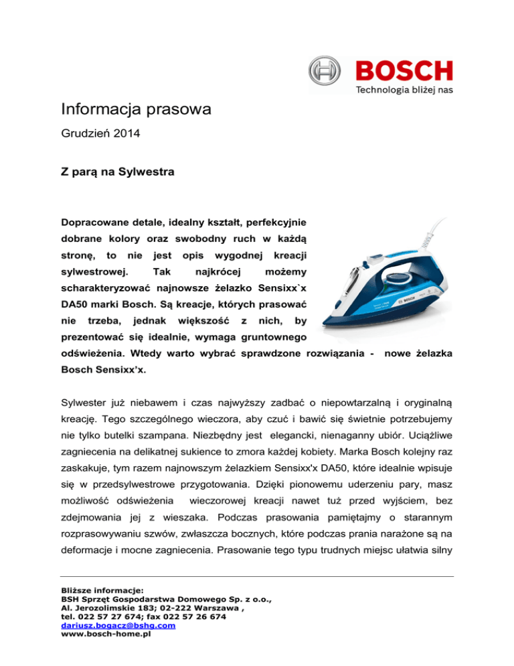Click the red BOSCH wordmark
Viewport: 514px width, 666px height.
coord(404,70)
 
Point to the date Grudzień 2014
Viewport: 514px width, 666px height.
coord(100,133)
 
